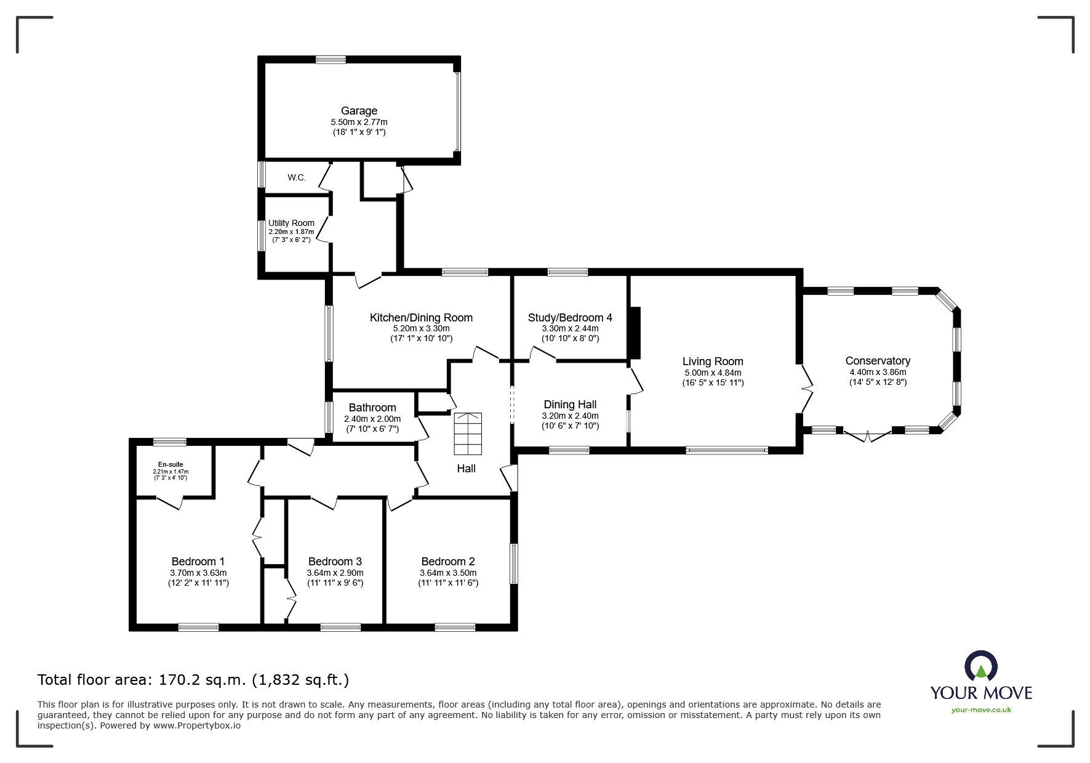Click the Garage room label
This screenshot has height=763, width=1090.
[359, 111]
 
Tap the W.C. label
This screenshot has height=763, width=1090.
[296, 177]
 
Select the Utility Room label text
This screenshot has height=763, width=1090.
[291, 223]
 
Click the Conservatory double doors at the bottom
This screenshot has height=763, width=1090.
[867, 436]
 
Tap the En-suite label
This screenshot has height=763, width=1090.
[170, 464]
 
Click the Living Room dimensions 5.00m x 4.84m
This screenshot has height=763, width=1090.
[713, 373]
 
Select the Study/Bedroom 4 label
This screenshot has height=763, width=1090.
[570, 318]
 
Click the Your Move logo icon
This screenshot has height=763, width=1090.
[980, 667]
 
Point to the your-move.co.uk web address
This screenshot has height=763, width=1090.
[981, 709]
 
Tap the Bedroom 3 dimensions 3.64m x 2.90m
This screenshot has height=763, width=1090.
[335, 573]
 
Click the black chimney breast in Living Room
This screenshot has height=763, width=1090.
[635, 333]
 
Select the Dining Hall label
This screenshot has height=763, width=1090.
[570, 405]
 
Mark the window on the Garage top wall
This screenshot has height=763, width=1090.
[331, 60]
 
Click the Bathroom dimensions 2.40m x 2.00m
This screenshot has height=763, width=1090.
[372, 419]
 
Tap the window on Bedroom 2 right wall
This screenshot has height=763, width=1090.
[513, 563]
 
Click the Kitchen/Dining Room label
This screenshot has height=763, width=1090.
[421, 318]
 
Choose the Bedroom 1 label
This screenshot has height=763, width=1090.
[198, 561]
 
